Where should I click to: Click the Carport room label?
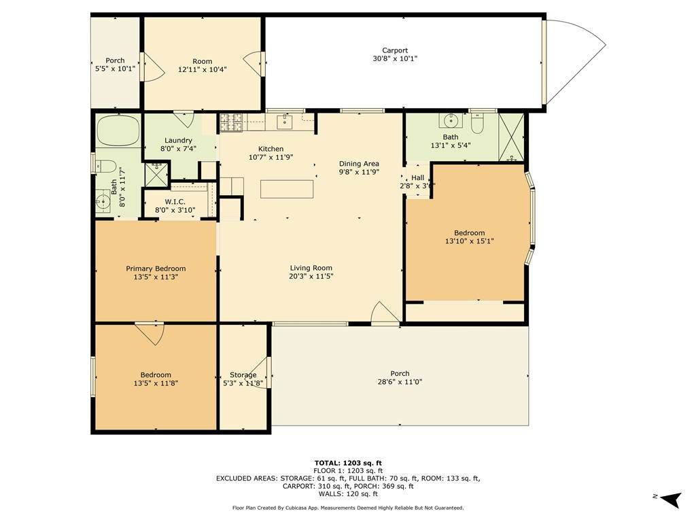coord(395,50)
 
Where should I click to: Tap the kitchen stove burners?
coord(231,122)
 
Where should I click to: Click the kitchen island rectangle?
coord(287,189)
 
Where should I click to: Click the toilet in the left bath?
coord(105,167)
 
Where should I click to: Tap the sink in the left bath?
coord(103,201)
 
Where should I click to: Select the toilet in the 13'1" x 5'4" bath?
coord(477,124)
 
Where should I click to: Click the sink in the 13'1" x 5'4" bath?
coord(451,120)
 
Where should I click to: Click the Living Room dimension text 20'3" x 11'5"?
coord(311,276)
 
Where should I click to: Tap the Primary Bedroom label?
coord(156,268)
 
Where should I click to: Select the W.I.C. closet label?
coord(175,202)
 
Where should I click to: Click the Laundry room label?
coord(178,140)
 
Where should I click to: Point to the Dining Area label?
coord(359,164)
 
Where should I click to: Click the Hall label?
coord(417,177)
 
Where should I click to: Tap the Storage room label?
coord(243,375)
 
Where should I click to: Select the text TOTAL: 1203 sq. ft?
coord(348,463)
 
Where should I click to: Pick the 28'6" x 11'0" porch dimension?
coord(400,382)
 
